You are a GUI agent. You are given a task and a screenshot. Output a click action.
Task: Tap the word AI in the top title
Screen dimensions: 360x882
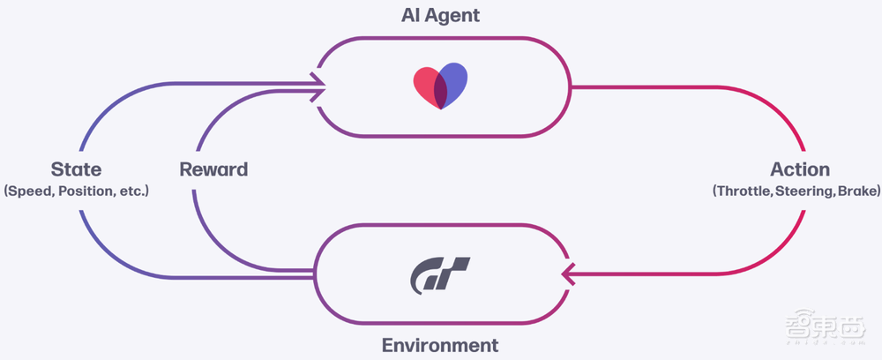(x=409, y=15)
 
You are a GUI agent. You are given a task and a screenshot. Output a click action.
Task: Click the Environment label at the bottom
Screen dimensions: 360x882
(x=440, y=345)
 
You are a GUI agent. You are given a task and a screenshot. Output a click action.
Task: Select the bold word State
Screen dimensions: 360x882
(x=76, y=169)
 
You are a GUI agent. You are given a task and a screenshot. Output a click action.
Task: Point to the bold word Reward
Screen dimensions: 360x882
(x=213, y=169)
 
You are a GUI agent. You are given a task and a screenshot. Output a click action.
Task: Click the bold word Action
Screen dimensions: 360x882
(x=800, y=169)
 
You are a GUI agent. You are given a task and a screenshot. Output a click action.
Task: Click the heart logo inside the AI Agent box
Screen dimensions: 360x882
(x=441, y=86)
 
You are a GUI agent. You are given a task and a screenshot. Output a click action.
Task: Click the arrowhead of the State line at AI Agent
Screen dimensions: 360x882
(x=318, y=85)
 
